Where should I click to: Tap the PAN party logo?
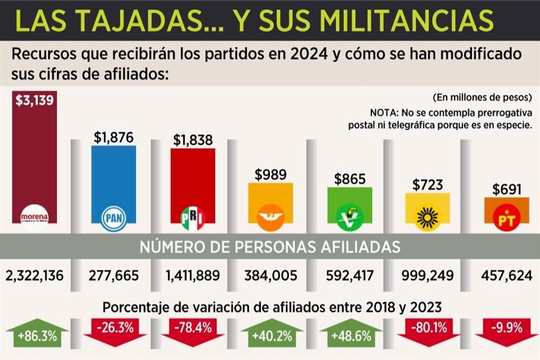[x=114, y=216]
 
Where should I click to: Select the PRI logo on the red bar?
[x=192, y=216]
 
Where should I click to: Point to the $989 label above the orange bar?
[x=271, y=174]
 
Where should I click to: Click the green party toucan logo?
[x=349, y=217]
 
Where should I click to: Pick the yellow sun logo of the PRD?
[x=427, y=217]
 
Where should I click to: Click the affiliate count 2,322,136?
[x=35, y=276]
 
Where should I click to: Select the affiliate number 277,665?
[x=114, y=276]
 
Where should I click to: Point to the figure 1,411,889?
[x=192, y=276]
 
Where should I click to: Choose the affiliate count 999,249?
[x=427, y=276]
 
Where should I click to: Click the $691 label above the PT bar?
[x=506, y=190]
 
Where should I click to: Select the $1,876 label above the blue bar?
[x=114, y=137]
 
